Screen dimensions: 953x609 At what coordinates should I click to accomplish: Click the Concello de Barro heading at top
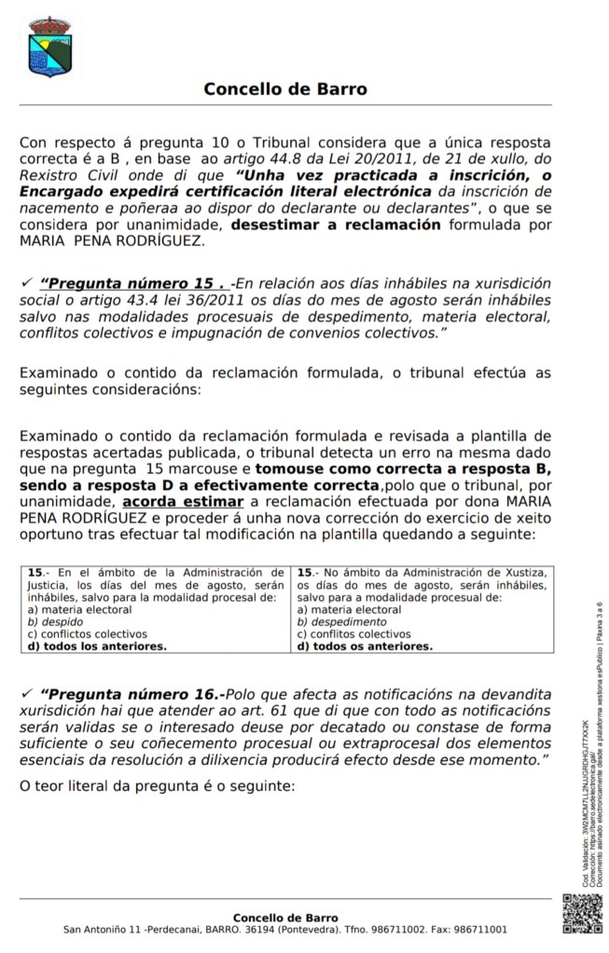[285, 89]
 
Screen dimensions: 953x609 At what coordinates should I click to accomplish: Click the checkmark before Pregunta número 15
[25, 282]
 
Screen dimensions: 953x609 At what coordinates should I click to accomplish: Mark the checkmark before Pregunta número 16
[25, 694]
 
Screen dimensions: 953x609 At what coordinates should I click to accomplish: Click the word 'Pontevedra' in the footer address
[313, 929]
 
